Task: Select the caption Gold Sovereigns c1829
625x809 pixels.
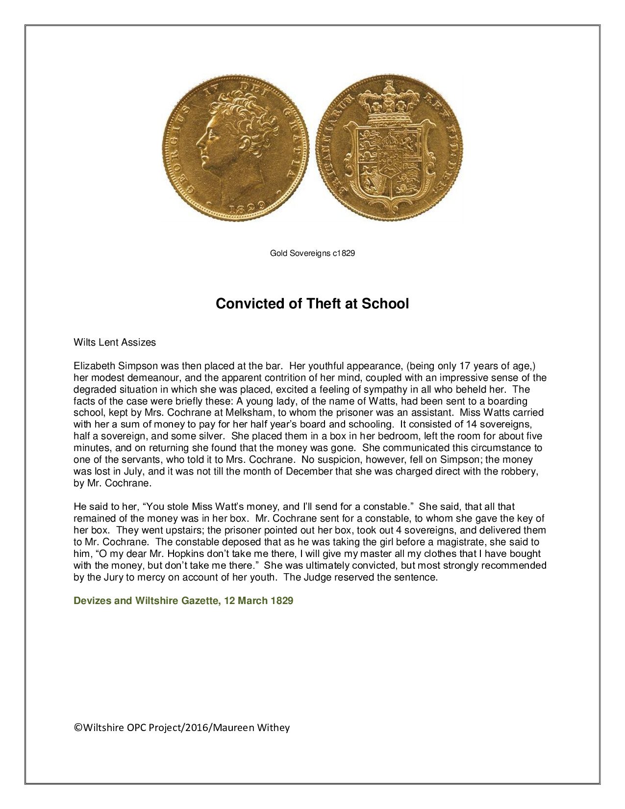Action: [x=312, y=253]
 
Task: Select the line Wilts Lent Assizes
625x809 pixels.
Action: [x=115, y=342]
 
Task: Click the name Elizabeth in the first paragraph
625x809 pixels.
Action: [x=95, y=366]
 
